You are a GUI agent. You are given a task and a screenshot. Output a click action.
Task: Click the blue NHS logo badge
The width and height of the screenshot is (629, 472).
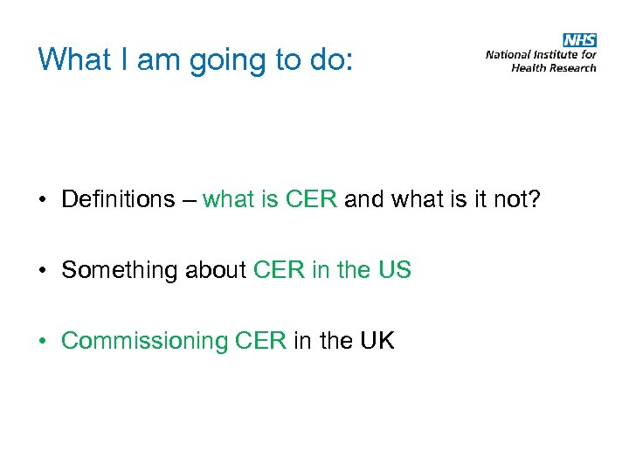580,40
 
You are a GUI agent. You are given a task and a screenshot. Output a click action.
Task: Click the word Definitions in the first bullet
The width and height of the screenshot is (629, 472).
118,199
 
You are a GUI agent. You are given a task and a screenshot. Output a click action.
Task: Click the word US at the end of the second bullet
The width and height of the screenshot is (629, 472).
395,270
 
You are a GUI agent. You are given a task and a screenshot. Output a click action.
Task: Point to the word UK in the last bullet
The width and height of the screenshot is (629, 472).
377,341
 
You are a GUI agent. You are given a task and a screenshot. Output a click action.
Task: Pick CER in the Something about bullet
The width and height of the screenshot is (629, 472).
278,270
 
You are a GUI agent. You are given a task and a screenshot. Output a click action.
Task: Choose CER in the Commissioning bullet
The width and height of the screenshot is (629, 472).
260,341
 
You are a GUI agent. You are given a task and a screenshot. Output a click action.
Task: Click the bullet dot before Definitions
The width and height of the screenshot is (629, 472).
42,200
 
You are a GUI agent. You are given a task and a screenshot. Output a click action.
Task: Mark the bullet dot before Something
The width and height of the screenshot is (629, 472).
42,271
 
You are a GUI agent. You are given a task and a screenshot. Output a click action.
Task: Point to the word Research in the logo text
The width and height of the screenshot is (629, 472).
574,67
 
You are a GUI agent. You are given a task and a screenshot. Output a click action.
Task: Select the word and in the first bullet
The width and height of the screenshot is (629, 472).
364,199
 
